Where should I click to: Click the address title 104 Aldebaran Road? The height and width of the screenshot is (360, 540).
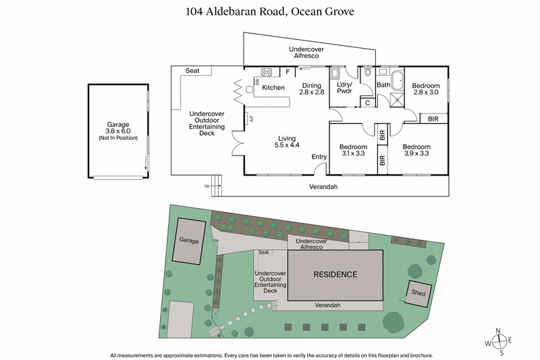point(269,11)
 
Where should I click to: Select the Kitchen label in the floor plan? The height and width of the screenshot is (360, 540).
point(273,88)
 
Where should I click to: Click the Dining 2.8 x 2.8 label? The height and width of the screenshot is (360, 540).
point(311,88)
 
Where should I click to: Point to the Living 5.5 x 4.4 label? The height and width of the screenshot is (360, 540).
point(286,142)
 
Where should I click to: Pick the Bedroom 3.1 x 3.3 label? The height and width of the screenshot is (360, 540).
point(353,150)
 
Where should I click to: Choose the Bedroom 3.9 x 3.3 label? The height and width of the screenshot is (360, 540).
point(416,150)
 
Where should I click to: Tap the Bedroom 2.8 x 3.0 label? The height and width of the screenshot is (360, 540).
point(425,88)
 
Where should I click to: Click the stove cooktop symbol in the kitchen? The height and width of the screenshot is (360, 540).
point(266,72)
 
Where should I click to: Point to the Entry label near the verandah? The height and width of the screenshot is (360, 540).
point(319,157)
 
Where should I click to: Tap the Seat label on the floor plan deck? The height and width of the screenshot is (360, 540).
point(192,70)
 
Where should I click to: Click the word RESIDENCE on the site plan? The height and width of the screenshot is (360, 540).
point(335,274)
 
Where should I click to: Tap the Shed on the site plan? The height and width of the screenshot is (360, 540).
point(417,292)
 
